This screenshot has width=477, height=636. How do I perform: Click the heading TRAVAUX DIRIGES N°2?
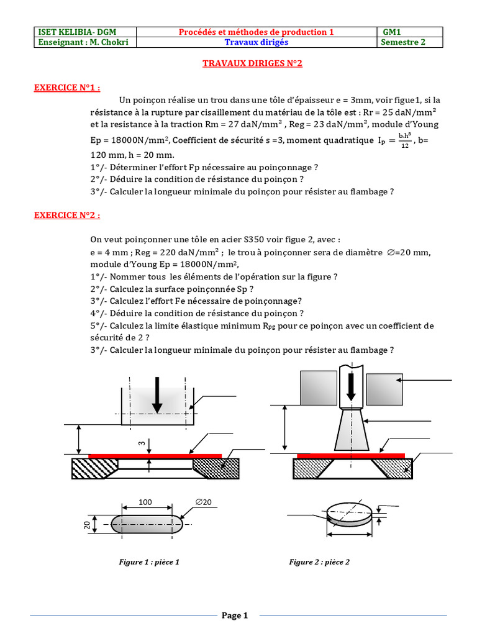click(252, 64)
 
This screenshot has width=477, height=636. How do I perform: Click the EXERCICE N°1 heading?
click(66, 88)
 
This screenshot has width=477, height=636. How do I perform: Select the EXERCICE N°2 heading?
click(66, 215)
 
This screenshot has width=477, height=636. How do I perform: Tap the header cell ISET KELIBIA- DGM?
click(69, 32)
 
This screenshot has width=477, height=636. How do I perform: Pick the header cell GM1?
click(392, 32)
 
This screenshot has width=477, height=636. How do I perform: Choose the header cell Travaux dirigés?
click(256, 42)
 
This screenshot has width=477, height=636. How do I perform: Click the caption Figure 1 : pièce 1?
click(149, 562)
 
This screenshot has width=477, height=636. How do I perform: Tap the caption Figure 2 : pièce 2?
click(319, 562)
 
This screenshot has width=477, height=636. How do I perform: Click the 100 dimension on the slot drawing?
click(145, 502)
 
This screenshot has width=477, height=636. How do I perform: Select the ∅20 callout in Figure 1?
click(203, 502)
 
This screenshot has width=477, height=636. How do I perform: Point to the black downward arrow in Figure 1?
click(157, 395)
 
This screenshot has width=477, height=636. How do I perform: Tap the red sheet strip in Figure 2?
click(351, 455)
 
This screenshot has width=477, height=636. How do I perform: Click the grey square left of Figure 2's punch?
click(318, 388)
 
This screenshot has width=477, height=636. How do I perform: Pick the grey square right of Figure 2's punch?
click(385, 390)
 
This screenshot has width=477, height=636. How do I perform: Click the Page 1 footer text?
click(235, 616)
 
